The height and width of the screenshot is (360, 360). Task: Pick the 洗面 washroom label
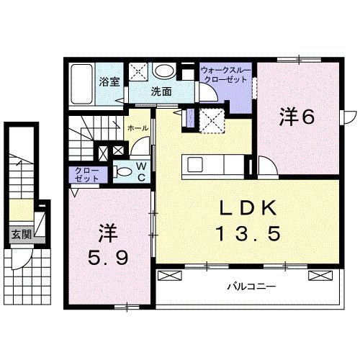tap(161, 93)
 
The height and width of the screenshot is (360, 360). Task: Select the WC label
tap(142, 173)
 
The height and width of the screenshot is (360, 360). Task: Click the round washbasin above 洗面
tap(166, 71)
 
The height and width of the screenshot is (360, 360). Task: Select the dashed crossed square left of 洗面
tap(141, 71)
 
